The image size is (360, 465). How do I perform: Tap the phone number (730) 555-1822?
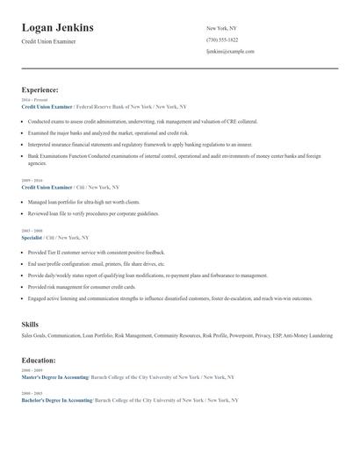[x=222, y=39]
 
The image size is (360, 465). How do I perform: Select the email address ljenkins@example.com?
[x=230, y=52]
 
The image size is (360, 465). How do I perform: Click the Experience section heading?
[x=40, y=89]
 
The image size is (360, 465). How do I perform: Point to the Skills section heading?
[x=30, y=325]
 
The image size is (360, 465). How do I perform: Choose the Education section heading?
[x=40, y=360]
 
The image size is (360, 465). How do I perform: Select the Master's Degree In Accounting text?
[x=54, y=377]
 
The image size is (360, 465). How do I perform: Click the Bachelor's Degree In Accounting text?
[x=57, y=400]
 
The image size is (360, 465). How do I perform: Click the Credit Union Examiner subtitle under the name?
[x=49, y=41]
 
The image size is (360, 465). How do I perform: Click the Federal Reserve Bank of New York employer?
[x=115, y=106]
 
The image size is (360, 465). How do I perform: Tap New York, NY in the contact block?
[x=221, y=28]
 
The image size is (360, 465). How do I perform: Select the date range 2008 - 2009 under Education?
[x=32, y=371]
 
